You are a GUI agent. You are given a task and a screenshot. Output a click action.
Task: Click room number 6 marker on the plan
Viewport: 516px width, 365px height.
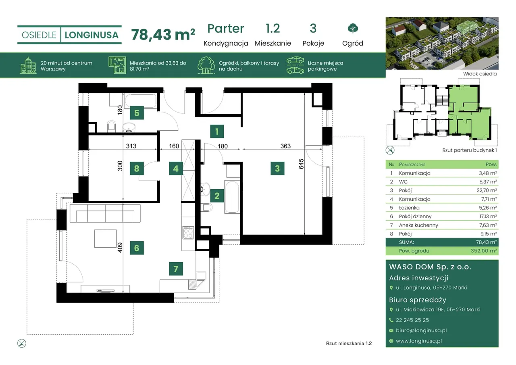coord(137,248)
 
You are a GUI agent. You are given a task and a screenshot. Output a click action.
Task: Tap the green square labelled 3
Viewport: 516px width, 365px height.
coord(277,169)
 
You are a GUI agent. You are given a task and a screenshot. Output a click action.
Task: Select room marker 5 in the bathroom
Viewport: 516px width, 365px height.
coord(137,113)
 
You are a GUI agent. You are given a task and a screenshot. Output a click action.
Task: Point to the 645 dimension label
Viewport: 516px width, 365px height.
coord(301,164)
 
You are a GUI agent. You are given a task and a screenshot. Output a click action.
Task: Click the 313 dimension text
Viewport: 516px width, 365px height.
coord(131,146)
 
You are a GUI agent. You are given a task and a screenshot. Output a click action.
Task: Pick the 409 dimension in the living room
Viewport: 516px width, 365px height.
coord(120,248)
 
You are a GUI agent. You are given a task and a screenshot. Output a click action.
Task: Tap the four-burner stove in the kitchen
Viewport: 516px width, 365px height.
coord(188,233)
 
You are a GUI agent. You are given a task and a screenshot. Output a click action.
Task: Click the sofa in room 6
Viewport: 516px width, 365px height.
coord(105,213)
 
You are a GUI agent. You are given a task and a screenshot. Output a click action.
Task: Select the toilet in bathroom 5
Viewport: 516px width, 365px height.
coord(112,126)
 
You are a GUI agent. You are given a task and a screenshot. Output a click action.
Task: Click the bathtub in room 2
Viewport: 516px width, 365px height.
coord(232,197)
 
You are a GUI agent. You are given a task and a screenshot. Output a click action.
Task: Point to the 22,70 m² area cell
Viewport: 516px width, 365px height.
coord(487,190)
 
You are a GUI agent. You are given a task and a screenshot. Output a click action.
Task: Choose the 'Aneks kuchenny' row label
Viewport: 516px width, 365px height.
coord(418,225)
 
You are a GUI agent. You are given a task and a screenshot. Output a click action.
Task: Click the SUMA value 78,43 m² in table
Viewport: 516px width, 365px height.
coord(486,242)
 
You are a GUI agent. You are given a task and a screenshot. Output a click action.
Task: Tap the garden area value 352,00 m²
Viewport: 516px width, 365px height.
coord(483,251)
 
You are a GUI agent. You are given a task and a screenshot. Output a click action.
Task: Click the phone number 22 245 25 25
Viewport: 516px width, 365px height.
coord(412,320)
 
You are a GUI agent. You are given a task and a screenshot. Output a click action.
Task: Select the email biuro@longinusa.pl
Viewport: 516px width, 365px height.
coord(421,330)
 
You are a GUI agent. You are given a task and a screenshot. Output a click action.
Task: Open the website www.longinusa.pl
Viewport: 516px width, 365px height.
coord(419,341)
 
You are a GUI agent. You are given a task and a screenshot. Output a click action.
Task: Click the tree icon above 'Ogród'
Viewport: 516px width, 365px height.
coord(353,28)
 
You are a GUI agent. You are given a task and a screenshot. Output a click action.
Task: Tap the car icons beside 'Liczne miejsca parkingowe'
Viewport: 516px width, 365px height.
coord(295,65)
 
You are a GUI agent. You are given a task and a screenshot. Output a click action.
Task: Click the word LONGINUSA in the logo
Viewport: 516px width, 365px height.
coord(92,35)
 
